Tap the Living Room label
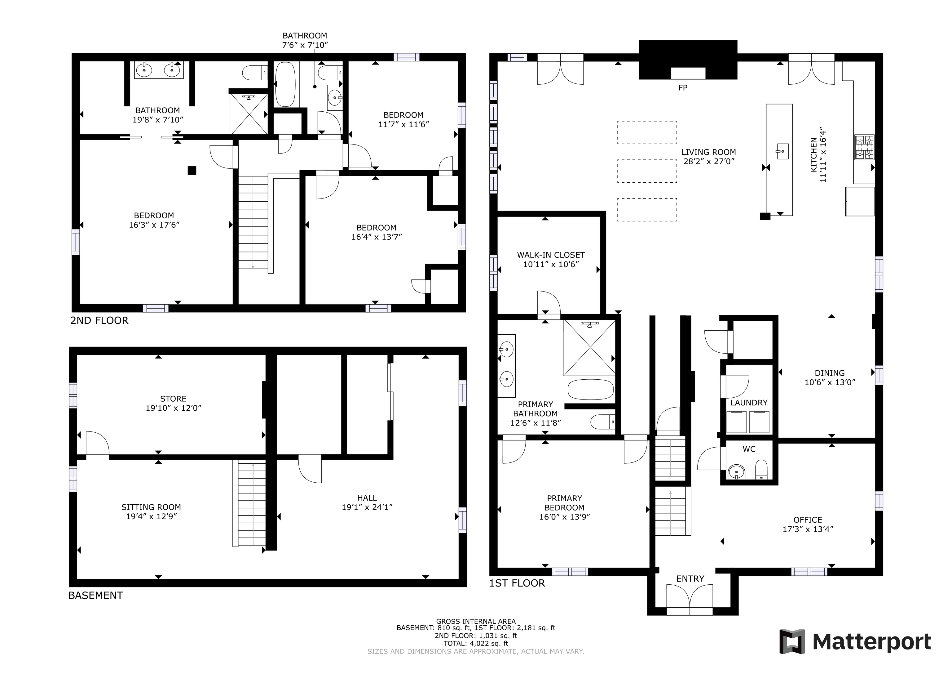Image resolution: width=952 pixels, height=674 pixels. click(709, 152)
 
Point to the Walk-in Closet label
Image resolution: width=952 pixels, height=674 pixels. click(551, 255)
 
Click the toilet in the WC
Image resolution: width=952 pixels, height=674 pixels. click(761, 470)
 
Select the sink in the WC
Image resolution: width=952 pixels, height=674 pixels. click(736, 472)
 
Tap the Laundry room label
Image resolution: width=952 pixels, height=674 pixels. click(749, 403)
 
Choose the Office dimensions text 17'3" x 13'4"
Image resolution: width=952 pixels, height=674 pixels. click(808, 529)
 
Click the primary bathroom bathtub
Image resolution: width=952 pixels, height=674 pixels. click(590, 390)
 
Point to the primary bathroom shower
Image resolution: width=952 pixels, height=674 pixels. click(589, 348)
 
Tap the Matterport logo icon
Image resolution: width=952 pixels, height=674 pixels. click(792, 642)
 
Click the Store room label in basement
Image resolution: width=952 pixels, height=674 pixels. click(173, 399)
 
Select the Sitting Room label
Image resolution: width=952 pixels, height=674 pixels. click(151, 507)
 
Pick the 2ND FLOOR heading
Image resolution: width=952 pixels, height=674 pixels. click(99, 320)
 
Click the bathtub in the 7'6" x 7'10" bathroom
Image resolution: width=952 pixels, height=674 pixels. click(285, 84)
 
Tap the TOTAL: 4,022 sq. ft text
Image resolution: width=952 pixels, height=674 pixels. click(476, 643)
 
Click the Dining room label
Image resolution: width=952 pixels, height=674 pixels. click(829, 373)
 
